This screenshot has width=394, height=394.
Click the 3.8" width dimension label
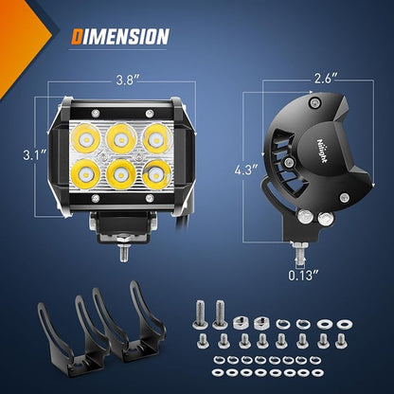coord(126,80)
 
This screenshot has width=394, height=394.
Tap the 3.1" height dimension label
coord(35,155)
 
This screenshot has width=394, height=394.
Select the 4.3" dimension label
coord(246,170)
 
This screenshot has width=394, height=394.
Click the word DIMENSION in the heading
coord(120,36)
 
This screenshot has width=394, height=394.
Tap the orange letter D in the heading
coord(77,36)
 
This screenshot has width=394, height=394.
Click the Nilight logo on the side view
coord(322,151)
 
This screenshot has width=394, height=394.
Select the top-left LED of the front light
coord(85,139)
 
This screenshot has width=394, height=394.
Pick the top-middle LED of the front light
coord(121,139)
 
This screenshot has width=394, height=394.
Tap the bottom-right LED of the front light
coord(156,174)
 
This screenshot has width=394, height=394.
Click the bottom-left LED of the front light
coord(85,174)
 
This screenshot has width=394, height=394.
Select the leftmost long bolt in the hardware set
coord(200,313)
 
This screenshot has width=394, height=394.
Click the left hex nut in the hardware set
coord(240,322)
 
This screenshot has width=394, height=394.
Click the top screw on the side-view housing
coord(314,102)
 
